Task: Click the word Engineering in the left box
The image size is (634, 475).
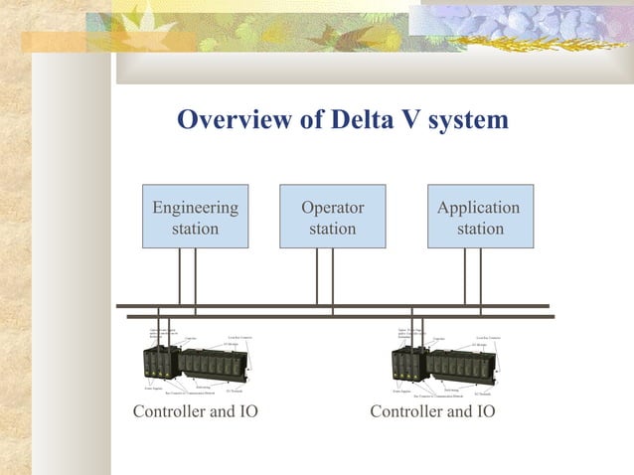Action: click(x=195, y=208)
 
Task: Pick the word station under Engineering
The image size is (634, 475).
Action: click(x=195, y=229)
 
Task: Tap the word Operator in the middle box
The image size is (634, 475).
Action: click(x=332, y=208)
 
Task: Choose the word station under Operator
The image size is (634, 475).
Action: click(x=332, y=229)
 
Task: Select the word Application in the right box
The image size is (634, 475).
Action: click(x=479, y=208)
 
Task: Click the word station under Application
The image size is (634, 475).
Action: click(x=480, y=229)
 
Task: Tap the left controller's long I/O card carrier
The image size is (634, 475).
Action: click(x=212, y=365)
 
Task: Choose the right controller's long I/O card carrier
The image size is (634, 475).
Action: click(x=459, y=365)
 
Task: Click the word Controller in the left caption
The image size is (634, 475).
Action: click(x=168, y=411)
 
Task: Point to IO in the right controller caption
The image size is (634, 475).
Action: click(x=483, y=411)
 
